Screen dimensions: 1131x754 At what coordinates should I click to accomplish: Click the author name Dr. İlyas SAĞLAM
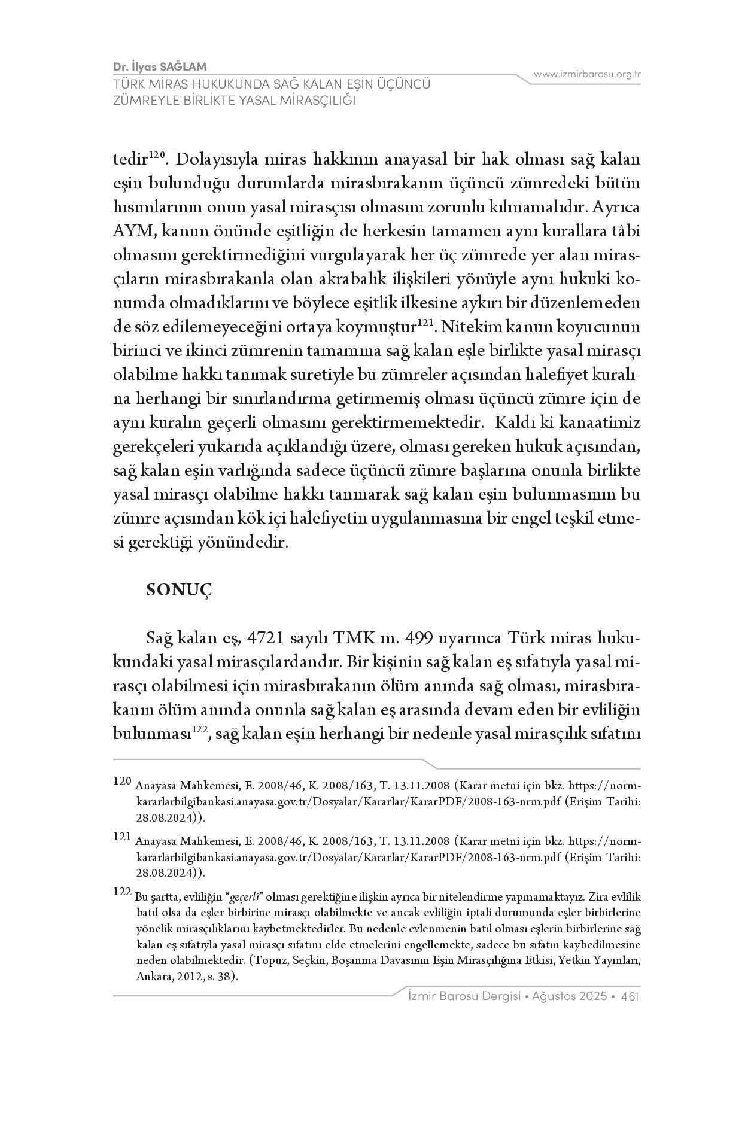point(160,66)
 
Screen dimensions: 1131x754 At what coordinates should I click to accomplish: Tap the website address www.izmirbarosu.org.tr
point(587,74)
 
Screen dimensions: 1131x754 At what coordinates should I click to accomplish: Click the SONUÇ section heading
point(179,590)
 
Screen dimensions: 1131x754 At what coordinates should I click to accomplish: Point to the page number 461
point(630,996)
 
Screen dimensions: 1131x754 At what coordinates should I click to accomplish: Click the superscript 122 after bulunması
point(199,730)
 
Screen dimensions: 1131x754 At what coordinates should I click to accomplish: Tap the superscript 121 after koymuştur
point(424,324)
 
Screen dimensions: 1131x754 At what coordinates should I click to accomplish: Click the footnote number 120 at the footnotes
point(121,781)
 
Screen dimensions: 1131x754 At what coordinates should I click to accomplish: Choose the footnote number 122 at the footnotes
point(121,892)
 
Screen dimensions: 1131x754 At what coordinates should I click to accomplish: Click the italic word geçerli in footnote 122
point(245,897)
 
